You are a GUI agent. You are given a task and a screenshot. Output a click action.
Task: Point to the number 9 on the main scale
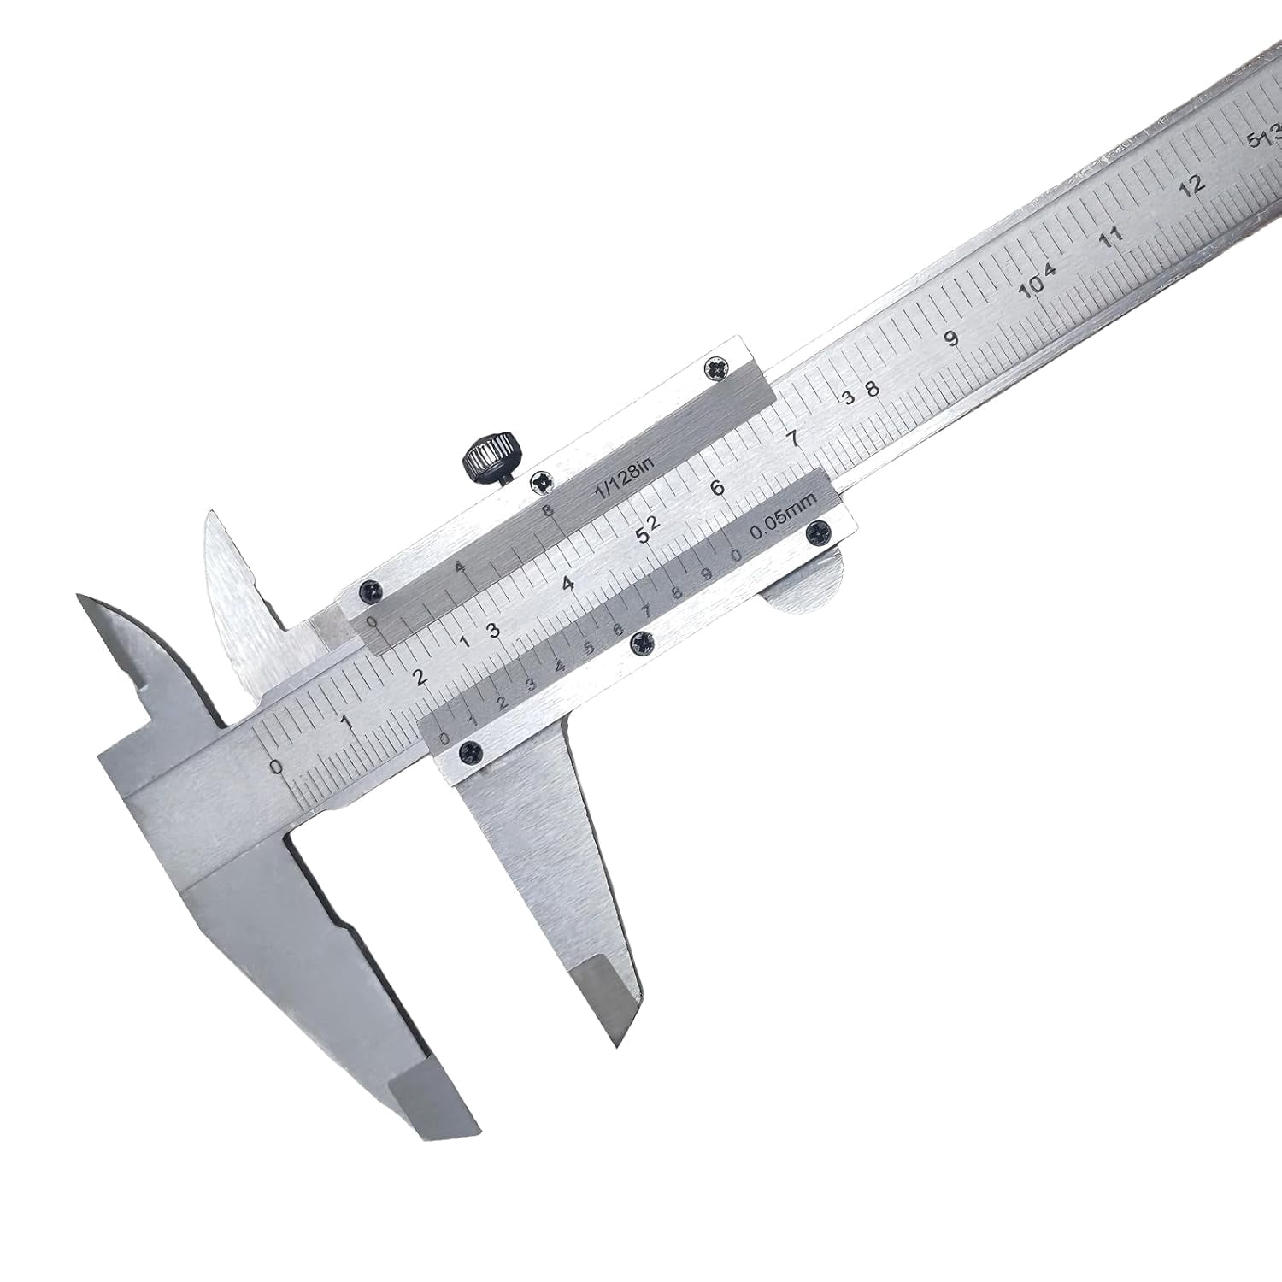point(952,338)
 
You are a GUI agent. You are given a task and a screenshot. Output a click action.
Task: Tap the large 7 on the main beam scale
point(793,439)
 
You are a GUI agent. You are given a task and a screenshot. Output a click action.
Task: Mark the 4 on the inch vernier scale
point(459,567)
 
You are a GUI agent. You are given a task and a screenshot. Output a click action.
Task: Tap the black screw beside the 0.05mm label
point(821,529)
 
